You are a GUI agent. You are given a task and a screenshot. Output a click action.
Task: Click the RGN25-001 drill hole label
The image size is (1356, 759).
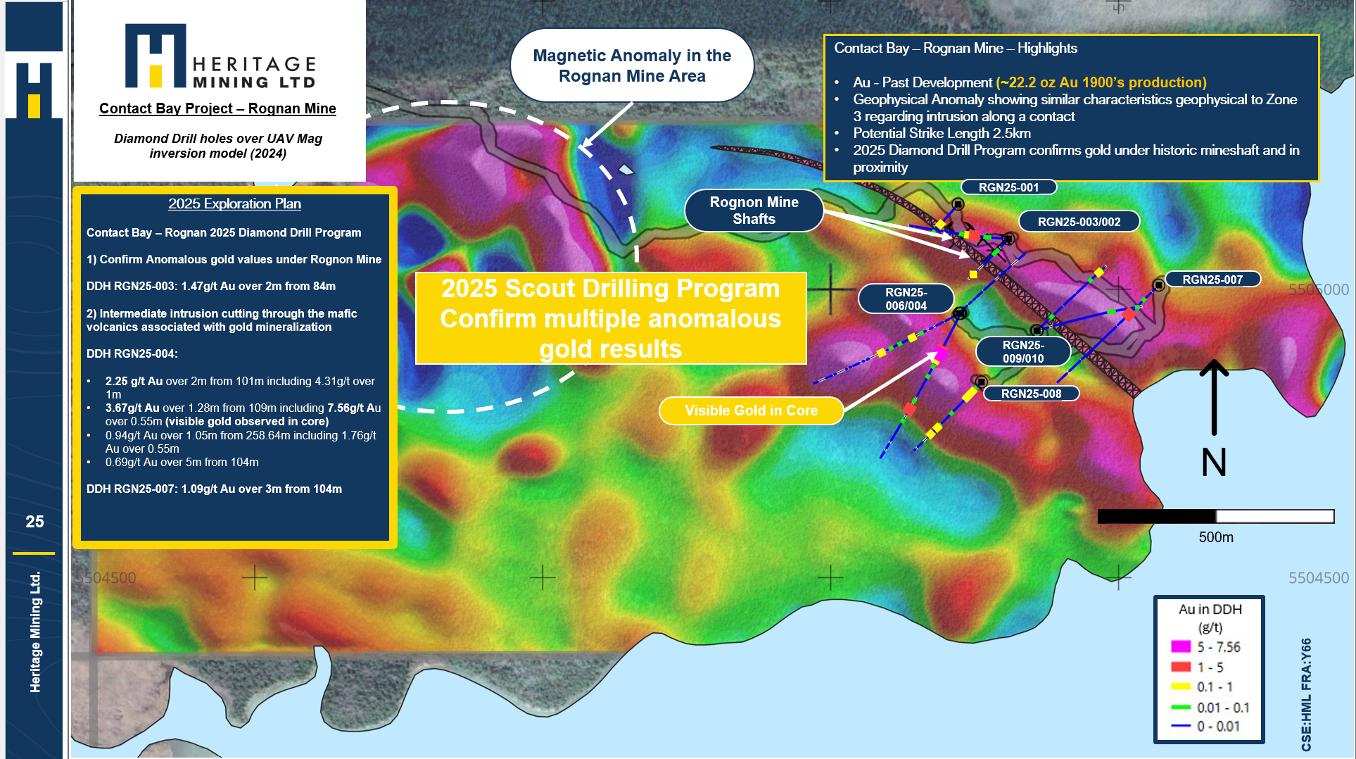pos(1009,187)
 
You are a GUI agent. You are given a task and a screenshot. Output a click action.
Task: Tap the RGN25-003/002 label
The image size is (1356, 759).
pos(1079,222)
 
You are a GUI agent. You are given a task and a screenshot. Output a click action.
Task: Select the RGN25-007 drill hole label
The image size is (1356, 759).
pos(1212,280)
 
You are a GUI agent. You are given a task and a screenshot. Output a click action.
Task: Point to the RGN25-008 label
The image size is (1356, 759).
pos(1031,394)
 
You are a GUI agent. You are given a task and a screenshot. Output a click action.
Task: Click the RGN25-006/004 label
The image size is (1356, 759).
pos(906,299)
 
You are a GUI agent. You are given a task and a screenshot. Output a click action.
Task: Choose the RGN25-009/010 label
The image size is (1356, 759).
pos(1023,351)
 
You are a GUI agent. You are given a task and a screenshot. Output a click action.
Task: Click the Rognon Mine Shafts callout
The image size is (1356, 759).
pos(754,211)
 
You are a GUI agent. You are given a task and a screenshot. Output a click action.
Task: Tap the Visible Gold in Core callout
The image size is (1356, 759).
pos(751,410)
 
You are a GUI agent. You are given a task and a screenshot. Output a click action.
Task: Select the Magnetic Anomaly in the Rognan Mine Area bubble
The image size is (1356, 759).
pos(632,65)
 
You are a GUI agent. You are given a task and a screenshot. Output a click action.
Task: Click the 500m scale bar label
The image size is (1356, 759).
pos(1216,537)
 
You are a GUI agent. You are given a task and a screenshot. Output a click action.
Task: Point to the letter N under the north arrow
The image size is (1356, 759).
pos(1214,463)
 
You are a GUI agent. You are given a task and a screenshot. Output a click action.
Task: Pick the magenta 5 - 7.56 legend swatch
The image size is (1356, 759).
pos(1181,646)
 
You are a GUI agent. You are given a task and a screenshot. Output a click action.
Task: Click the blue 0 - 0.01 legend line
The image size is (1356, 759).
pos(1181,726)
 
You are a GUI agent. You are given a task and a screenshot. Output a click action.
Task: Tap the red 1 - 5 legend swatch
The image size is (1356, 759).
pos(1181,667)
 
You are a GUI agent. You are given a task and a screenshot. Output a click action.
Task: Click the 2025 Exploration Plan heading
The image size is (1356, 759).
pos(234,203)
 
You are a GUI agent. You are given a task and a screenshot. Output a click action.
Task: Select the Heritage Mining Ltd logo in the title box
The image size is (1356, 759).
pos(220,56)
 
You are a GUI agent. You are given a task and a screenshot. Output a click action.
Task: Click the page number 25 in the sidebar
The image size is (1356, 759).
pos(34,522)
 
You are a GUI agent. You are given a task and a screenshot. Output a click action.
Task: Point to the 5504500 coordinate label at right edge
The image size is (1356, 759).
pos(1319,578)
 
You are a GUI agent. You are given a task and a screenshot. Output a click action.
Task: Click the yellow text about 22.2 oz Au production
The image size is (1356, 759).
pos(1101,82)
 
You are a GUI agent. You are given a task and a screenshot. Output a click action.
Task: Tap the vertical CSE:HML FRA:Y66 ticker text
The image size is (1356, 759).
pos(1306,694)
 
